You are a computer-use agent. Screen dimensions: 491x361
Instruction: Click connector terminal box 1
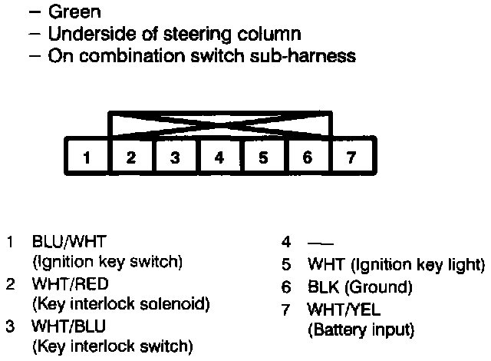[x=87, y=157]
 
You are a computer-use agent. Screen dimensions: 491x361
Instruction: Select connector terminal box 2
[x=131, y=157]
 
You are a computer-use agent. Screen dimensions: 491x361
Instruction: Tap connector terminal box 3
[x=175, y=157]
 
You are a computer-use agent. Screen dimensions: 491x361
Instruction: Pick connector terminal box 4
[x=219, y=157]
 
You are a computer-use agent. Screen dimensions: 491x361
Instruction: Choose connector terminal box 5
[x=263, y=157]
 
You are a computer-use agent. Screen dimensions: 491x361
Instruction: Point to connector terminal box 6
[x=307, y=157]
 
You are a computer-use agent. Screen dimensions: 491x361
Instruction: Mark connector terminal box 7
[x=351, y=157]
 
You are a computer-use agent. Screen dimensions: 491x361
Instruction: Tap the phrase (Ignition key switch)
[x=107, y=262]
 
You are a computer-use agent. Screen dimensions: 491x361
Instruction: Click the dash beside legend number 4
[x=315, y=243]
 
